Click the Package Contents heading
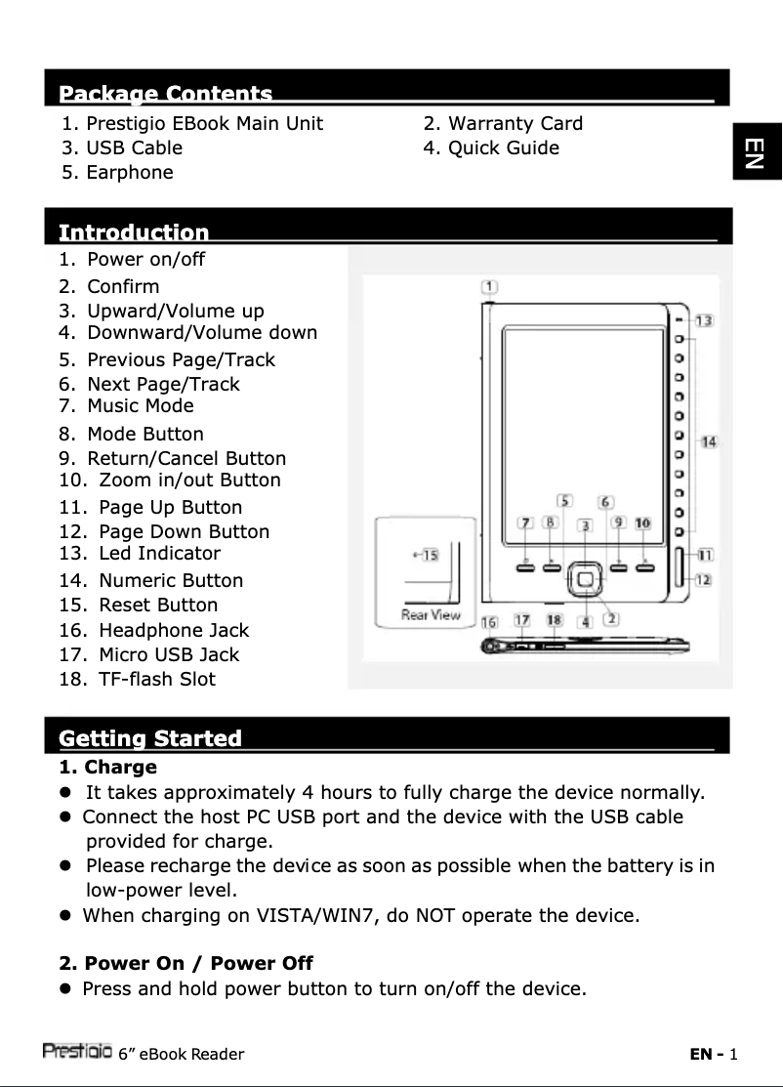[x=166, y=95]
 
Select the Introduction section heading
[x=134, y=232]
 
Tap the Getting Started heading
[x=150, y=738]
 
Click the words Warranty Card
[x=515, y=124]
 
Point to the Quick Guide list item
[x=503, y=148]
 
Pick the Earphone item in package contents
[x=129, y=173]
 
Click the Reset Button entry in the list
[x=157, y=606]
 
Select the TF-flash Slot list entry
[x=156, y=679]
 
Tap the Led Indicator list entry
[x=158, y=554]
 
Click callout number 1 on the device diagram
[x=489, y=287]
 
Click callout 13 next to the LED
[x=704, y=320]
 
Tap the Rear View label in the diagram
[x=432, y=615]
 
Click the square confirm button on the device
[x=584, y=579]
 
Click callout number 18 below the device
[x=554, y=620]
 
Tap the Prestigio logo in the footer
[x=76, y=1053]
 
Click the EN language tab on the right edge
[x=754, y=153]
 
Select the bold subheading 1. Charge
[x=108, y=768]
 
